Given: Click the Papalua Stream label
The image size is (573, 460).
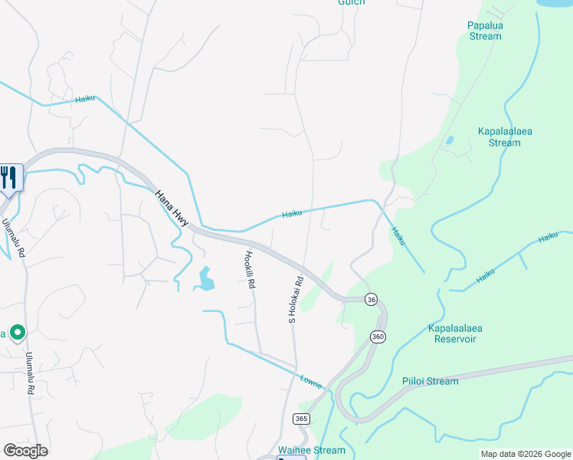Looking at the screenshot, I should [x=484, y=30].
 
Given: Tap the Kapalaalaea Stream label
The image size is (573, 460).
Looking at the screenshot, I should [x=504, y=136].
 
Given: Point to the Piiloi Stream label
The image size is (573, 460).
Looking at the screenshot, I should [x=431, y=381].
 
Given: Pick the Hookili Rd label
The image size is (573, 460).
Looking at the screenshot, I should [x=249, y=270].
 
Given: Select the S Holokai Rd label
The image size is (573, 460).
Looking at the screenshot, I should [x=293, y=299].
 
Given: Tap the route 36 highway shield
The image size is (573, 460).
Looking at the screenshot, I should [x=371, y=299].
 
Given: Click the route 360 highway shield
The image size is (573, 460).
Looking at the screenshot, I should [x=378, y=337].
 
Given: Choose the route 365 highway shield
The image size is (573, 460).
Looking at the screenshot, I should [x=301, y=419].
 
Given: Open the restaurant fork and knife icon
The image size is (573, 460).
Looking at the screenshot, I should [x=8, y=178].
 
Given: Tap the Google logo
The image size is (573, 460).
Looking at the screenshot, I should [x=25, y=451].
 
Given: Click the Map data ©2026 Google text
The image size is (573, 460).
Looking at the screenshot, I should [x=525, y=454].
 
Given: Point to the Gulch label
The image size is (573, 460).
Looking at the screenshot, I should [x=352, y=2].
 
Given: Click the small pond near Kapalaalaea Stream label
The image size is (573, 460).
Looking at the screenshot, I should [x=449, y=140].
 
